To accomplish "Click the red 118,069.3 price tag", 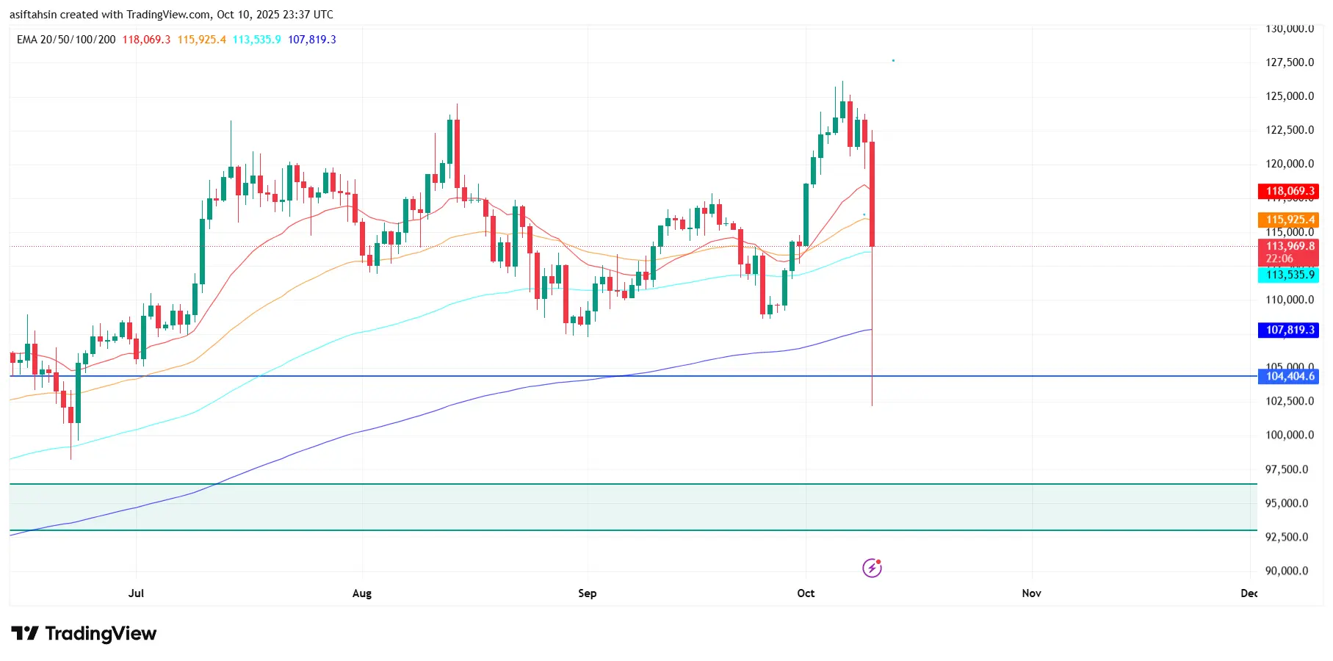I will point(1289,191).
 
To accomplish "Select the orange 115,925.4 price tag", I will point(1289,220).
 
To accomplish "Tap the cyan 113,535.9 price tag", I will point(1289,275).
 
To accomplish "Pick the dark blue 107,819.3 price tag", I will point(1289,330).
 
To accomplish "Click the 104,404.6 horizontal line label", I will point(1289,376).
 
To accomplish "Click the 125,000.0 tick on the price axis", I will point(1289,96).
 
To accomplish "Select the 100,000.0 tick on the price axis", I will point(1289,435).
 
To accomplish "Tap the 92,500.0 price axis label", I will point(1286,537).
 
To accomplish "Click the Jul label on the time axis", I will point(136,593).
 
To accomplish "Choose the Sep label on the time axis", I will point(587,593).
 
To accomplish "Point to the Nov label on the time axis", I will point(1031,593).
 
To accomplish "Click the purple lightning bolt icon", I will point(872,568).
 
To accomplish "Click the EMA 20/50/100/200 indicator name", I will point(66,40).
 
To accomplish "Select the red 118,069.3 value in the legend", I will point(146,40).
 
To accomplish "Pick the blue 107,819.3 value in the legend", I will point(312,40).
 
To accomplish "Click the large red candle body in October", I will point(872,194).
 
